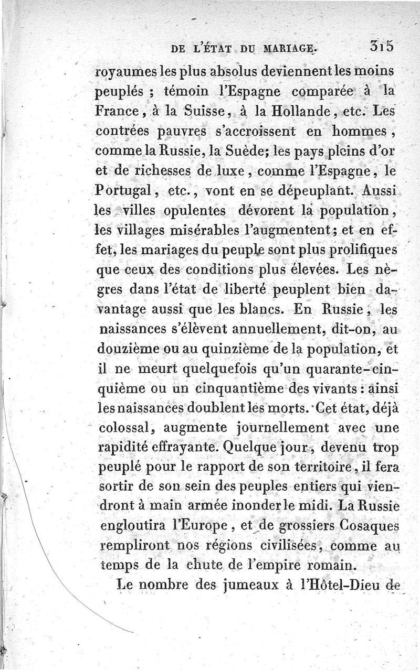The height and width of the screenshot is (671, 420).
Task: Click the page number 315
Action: tap(381, 47)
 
